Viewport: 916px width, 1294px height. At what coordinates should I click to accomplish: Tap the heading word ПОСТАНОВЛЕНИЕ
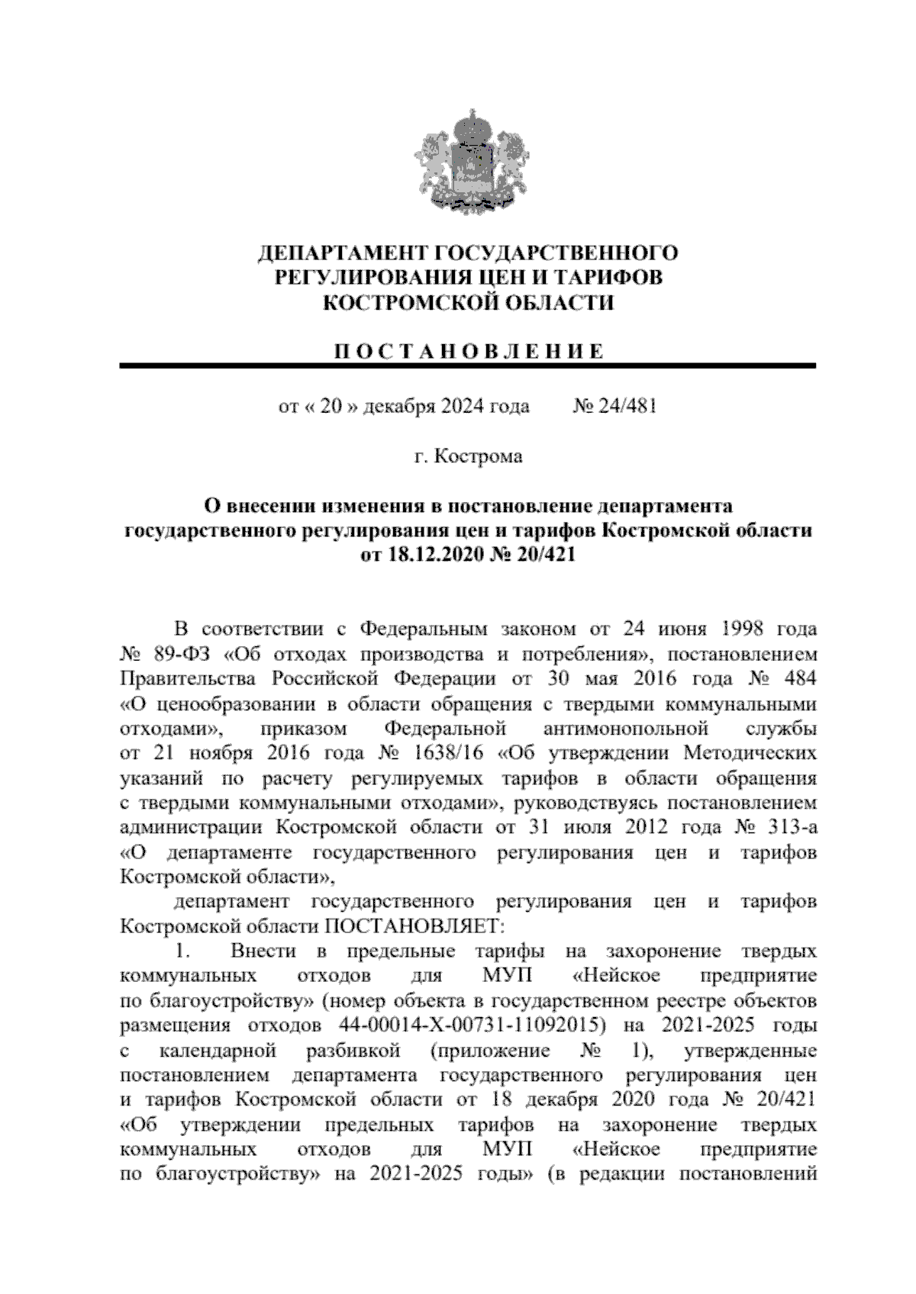click(468, 351)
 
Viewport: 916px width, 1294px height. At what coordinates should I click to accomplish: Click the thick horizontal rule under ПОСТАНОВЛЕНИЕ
click(468, 366)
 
